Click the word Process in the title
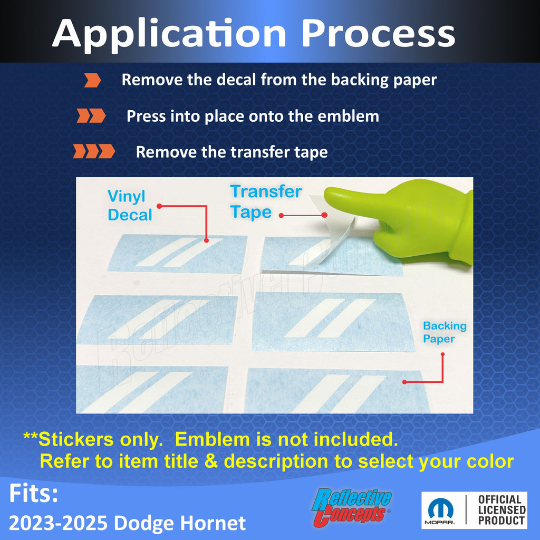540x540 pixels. coord(378,33)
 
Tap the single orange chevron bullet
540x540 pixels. coord(93,80)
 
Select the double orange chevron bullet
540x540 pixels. coord(91,115)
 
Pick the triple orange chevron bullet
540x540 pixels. coord(94,151)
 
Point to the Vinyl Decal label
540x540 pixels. coord(130,205)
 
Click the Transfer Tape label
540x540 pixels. coord(266,202)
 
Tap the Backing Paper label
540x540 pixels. coord(445,332)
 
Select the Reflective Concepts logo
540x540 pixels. coord(351,507)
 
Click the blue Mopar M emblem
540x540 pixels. coord(440,508)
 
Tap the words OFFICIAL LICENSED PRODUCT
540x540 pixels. coord(502,510)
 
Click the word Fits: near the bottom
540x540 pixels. coord(33,493)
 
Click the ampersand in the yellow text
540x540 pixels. coord(211,461)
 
